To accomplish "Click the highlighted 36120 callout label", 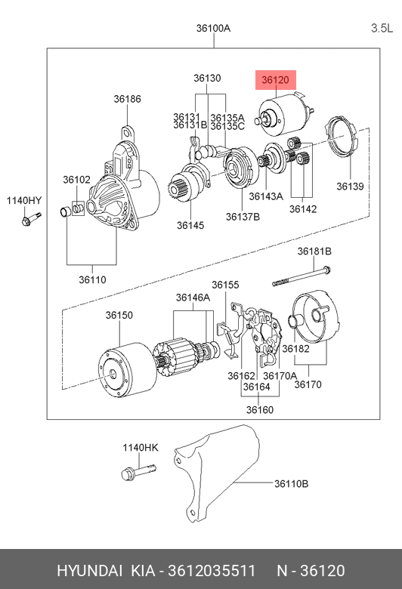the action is pyautogui.click(x=276, y=80).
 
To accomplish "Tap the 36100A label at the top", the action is pyautogui.click(x=213, y=28).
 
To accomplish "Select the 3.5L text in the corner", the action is pyautogui.click(x=382, y=28).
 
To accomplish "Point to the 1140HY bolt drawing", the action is pyautogui.click(x=31, y=219).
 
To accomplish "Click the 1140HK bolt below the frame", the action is pyautogui.click(x=138, y=471).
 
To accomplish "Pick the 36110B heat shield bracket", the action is pyautogui.click(x=218, y=473).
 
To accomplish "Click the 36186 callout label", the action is pyautogui.click(x=128, y=99).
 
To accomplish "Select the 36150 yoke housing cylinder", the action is pyautogui.click(x=128, y=369).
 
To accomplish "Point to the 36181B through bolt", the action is pyautogui.click(x=301, y=276).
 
